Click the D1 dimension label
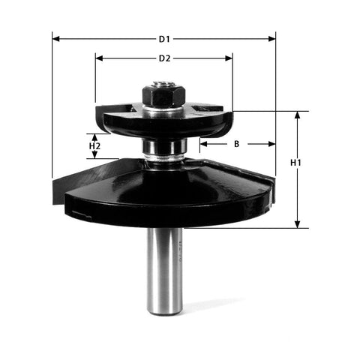click(x=164, y=38)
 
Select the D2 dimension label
click(x=164, y=58)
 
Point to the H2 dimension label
click(x=95, y=147)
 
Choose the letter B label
click(x=236, y=142)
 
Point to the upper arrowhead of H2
click(x=94, y=136)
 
